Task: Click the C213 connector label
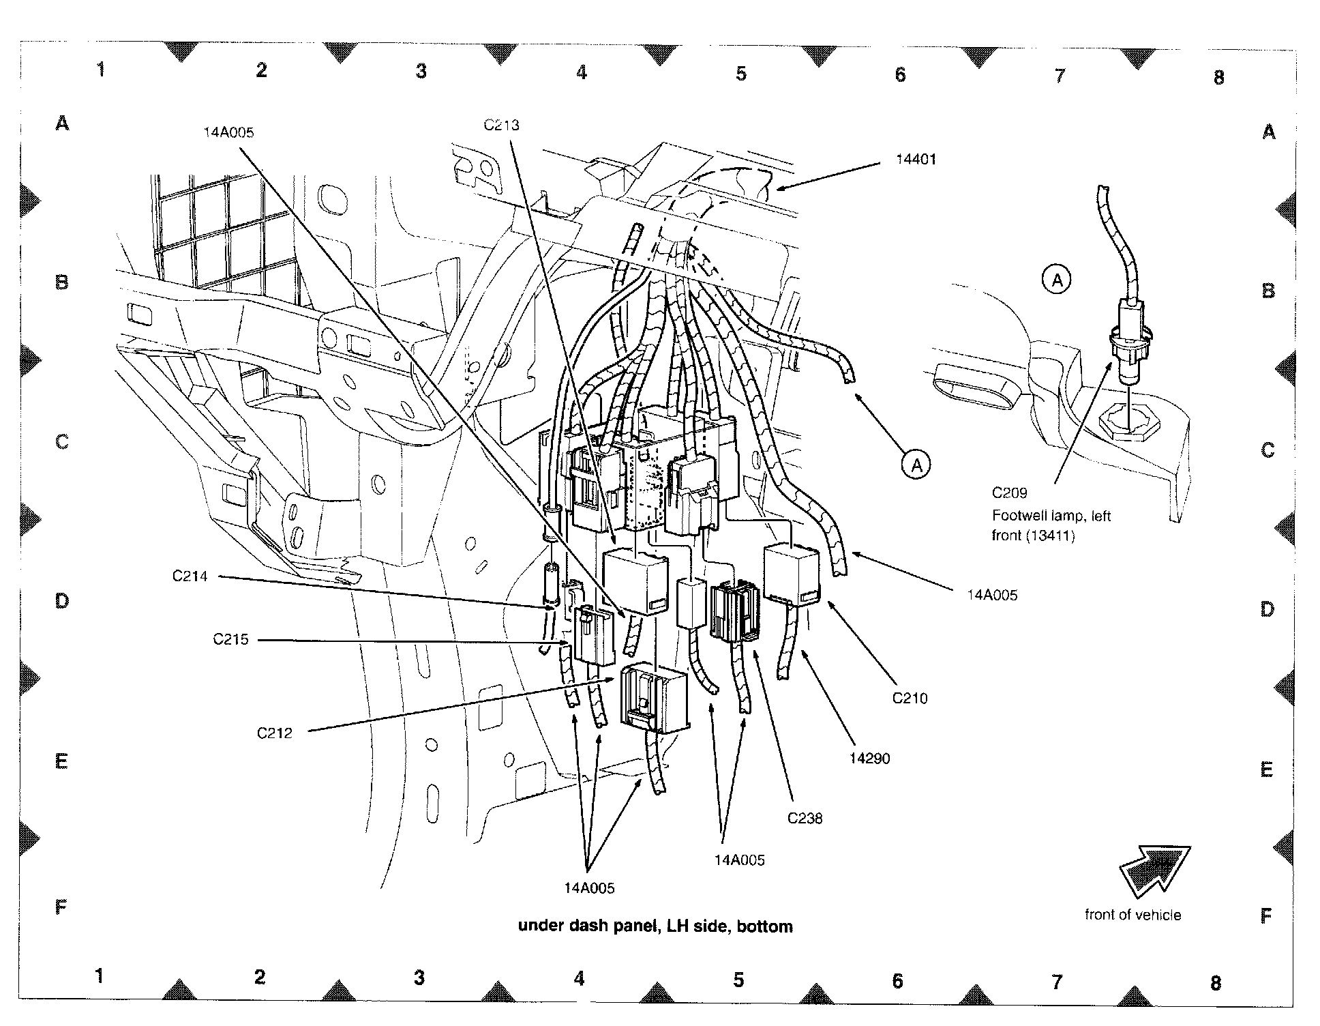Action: (x=501, y=125)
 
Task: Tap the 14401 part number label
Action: (x=916, y=159)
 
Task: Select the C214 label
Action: (x=190, y=576)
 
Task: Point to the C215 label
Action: (x=230, y=639)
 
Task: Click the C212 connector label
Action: (x=274, y=733)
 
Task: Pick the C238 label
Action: (x=805, y=818)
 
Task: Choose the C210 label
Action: (x=910, y=698)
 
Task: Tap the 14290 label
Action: (x=869, y=758)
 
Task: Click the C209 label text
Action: (x=1009, y=493)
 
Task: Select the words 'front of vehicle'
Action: (x=1132, y=915)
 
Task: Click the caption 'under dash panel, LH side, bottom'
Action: (x=655, y=926)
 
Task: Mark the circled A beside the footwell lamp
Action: (x=1057, y=280)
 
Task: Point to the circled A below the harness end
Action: (x=916, y=465)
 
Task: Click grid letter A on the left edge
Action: (x=62, y=123)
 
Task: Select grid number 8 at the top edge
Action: (x=1218, y=78)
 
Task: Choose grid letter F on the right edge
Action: (x=1266, y=915)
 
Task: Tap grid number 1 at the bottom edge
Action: (x=100, y=976)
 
